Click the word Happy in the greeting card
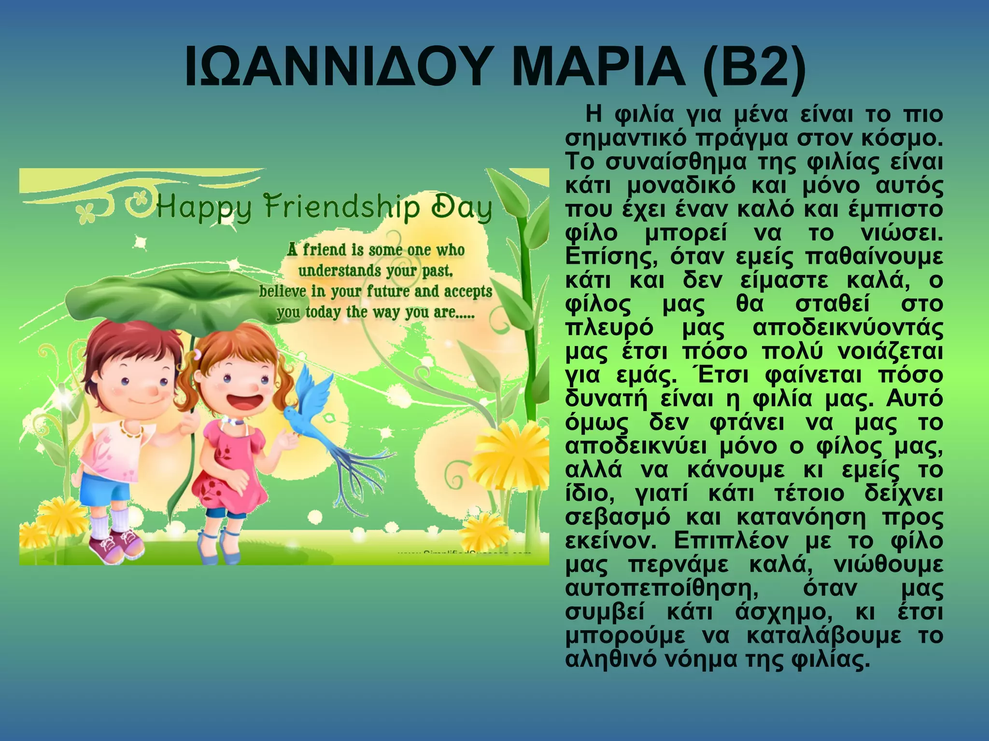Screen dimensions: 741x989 [x=203, y=208]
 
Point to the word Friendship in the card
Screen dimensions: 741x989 [x=342, y=207]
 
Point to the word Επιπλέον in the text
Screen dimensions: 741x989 [x=731, y=541]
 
